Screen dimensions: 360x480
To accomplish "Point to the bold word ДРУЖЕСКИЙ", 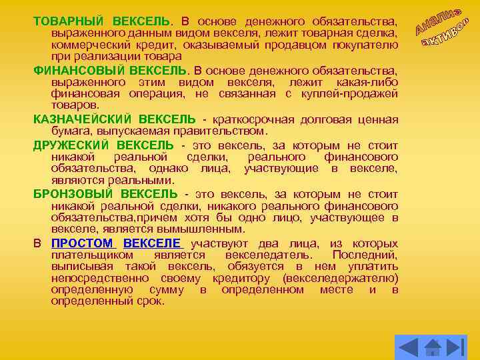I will pyautogui.click(x=71, y=145).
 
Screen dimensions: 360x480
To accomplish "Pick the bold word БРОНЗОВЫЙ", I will pyautogui.click(x=72, y=194).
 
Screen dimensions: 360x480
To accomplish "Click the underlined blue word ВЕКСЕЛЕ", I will pyautogui.click(x=152, y=243).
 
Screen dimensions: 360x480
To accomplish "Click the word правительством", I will pyautogui.click(x=228, y=131).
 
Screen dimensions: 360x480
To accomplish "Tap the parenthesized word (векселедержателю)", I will pyautogui.click(x=341, y=278).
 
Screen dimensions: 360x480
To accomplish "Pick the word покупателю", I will pyautogui.click(x=368, y=45).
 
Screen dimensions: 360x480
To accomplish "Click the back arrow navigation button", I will pyautogui.click(x=407, y=345).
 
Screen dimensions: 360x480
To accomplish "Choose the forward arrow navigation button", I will pyautogui.click(x=456, y=345).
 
